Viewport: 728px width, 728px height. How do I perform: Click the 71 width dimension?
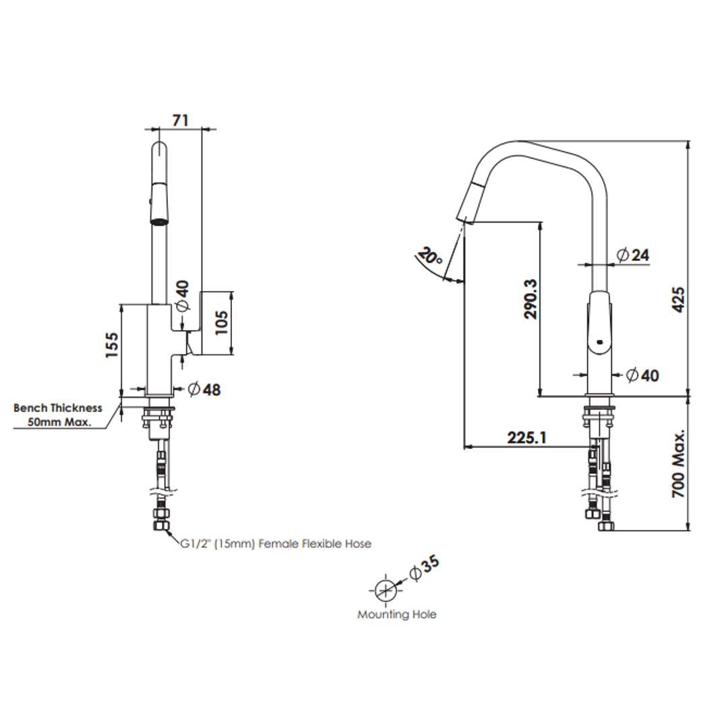point(180,120)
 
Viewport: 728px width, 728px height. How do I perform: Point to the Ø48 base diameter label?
point(204,389)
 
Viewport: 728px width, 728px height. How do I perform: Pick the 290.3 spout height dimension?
point(530,299)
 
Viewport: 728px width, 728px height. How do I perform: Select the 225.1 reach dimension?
point(526,437)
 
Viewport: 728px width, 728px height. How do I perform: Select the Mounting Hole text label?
point(396,615)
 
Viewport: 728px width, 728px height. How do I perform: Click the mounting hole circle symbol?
point(384,590)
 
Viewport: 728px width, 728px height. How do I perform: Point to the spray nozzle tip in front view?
point(158,220)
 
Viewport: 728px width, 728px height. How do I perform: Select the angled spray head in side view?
point(471,200)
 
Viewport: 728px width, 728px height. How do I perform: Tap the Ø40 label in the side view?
point(642,375)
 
